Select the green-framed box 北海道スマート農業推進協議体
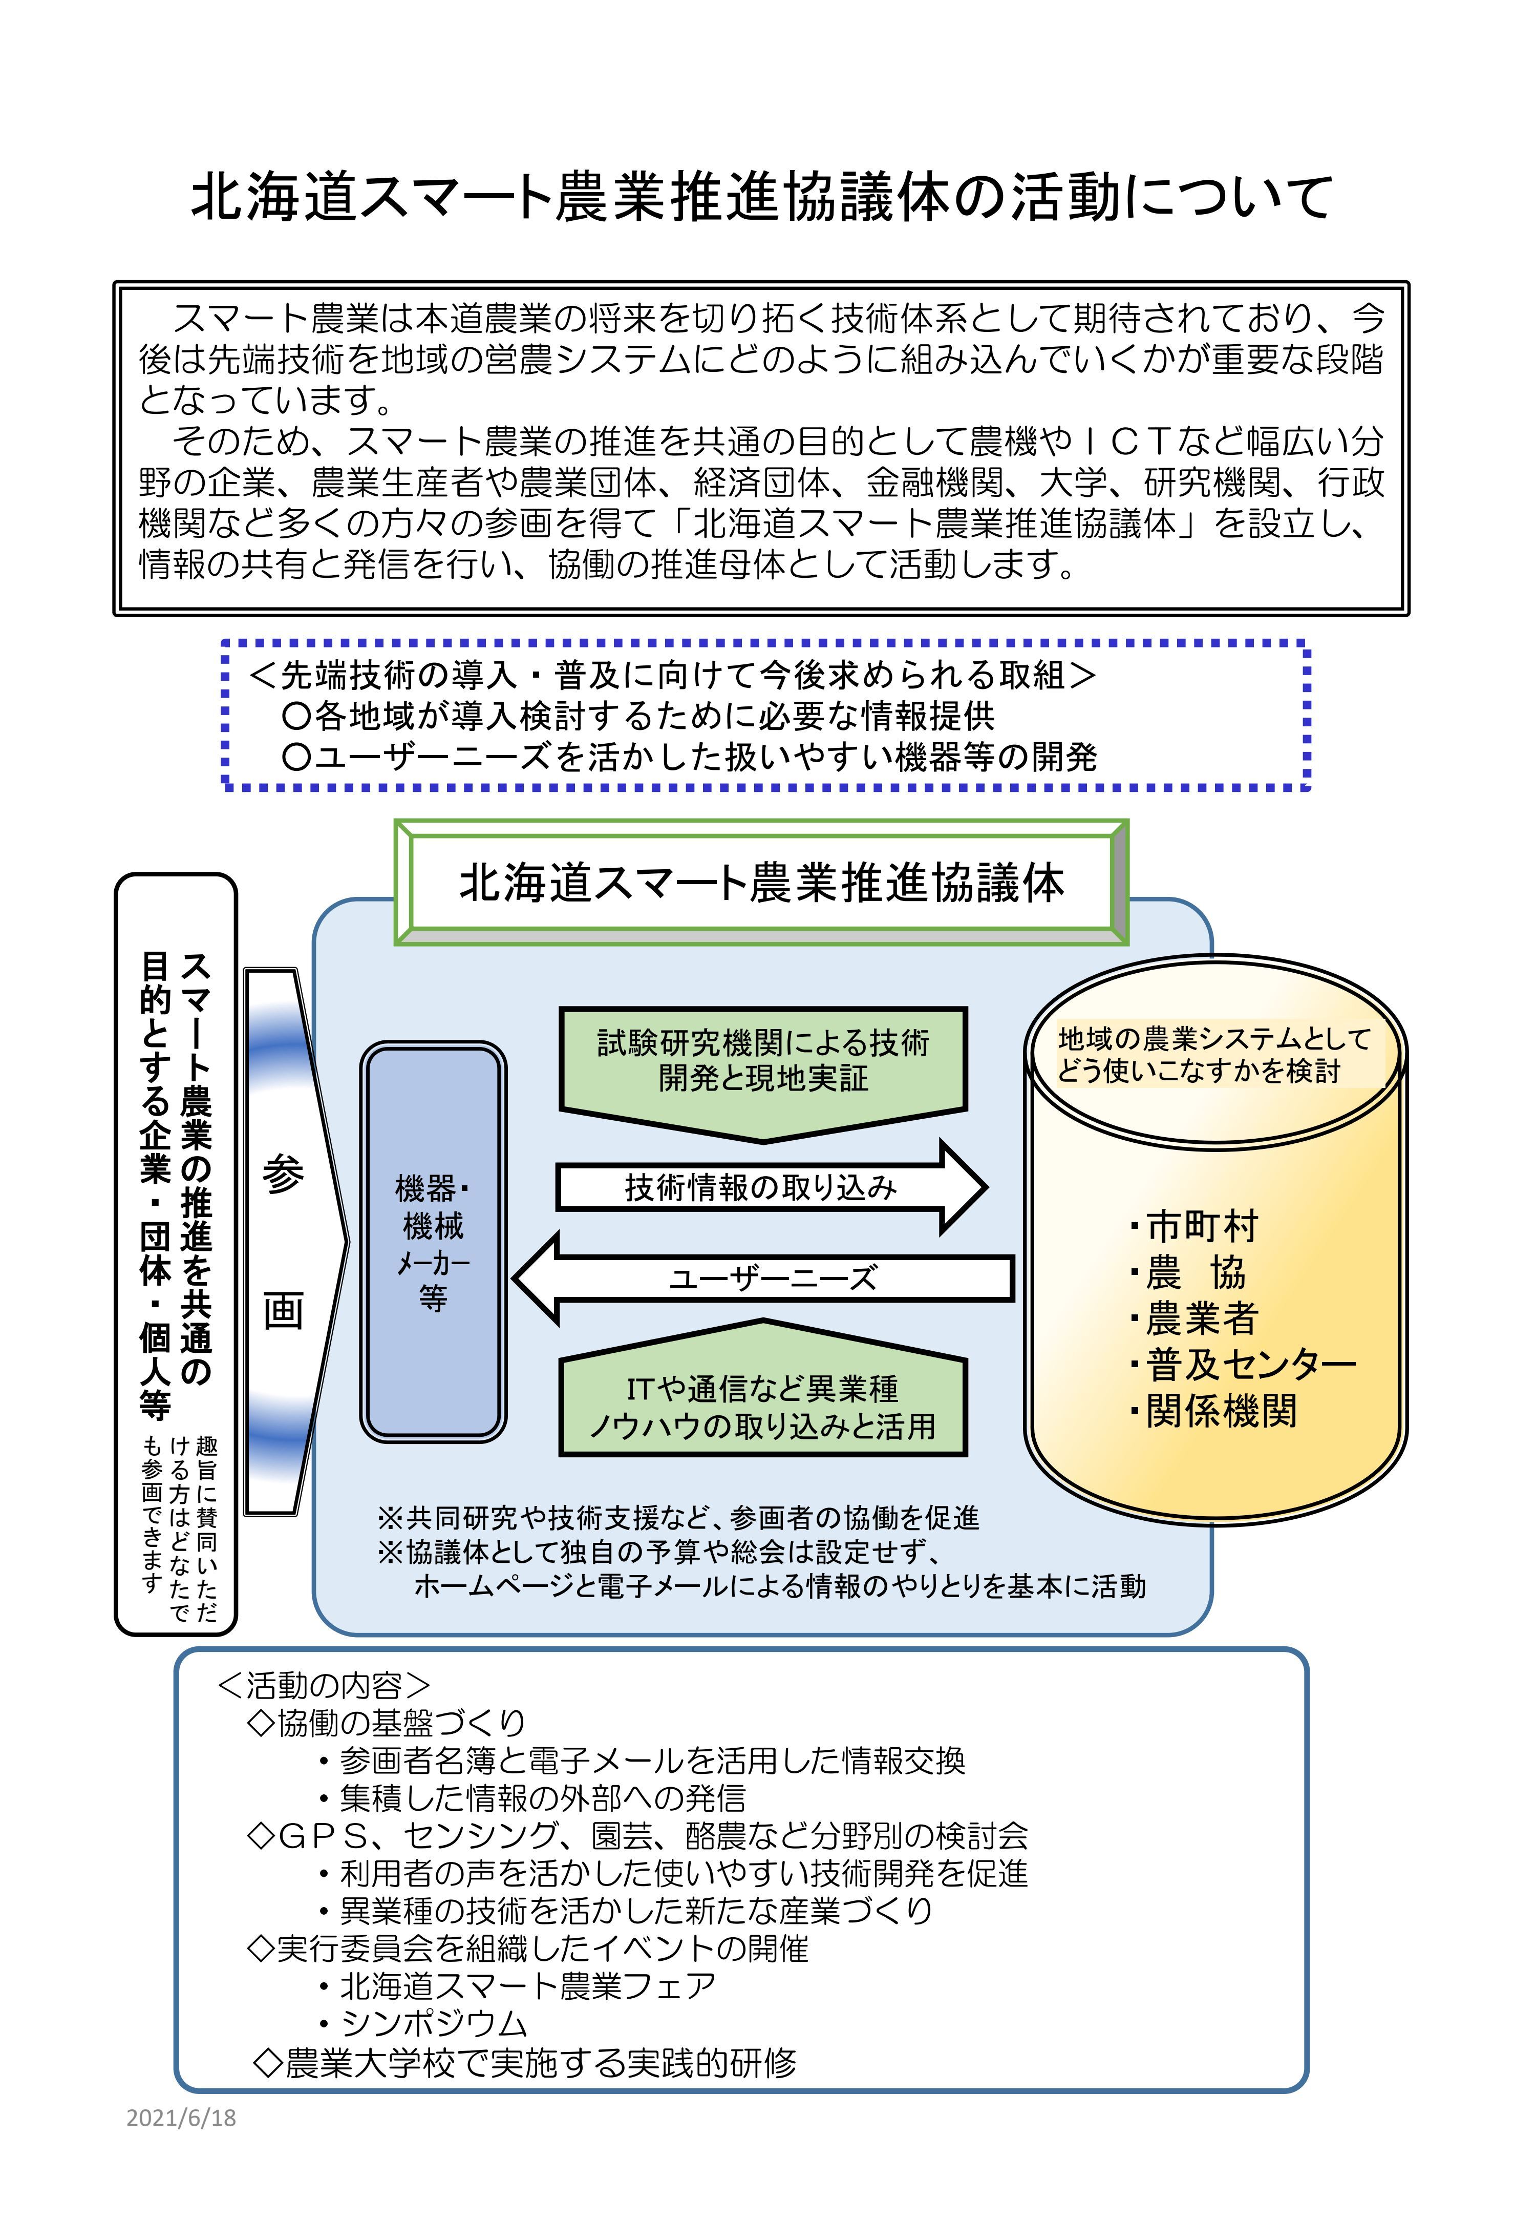tap(760, 883)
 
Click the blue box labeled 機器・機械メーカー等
tap(433, 1242)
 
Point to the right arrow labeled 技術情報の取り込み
tap(760, 1188)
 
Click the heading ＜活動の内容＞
tap(324, 1685)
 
